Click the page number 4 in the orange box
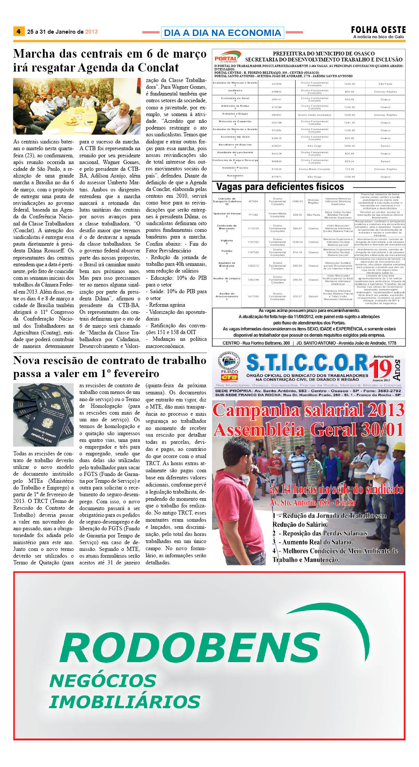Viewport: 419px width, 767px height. [18, 31]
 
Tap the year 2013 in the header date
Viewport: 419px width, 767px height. [91, 32]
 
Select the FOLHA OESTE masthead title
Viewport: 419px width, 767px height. [378, 30]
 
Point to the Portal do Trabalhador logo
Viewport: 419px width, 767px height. [226, 58]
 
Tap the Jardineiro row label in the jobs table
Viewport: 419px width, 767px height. [235, 91]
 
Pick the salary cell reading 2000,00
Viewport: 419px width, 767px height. [349, 146]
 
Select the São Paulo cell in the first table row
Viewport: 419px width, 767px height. [385, 84]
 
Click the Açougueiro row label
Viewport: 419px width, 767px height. [235, 176]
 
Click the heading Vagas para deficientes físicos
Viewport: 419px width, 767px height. [280, 187]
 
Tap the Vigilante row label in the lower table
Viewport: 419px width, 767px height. [226, 241]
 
